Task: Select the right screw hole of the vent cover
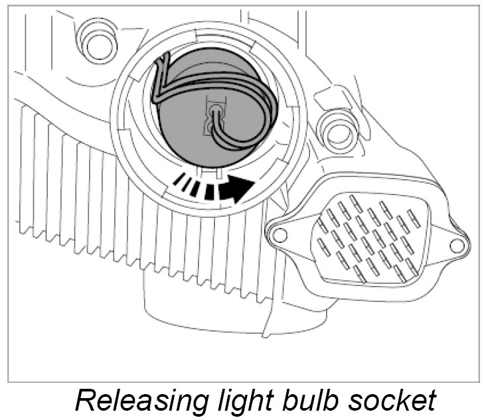[455, 245]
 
